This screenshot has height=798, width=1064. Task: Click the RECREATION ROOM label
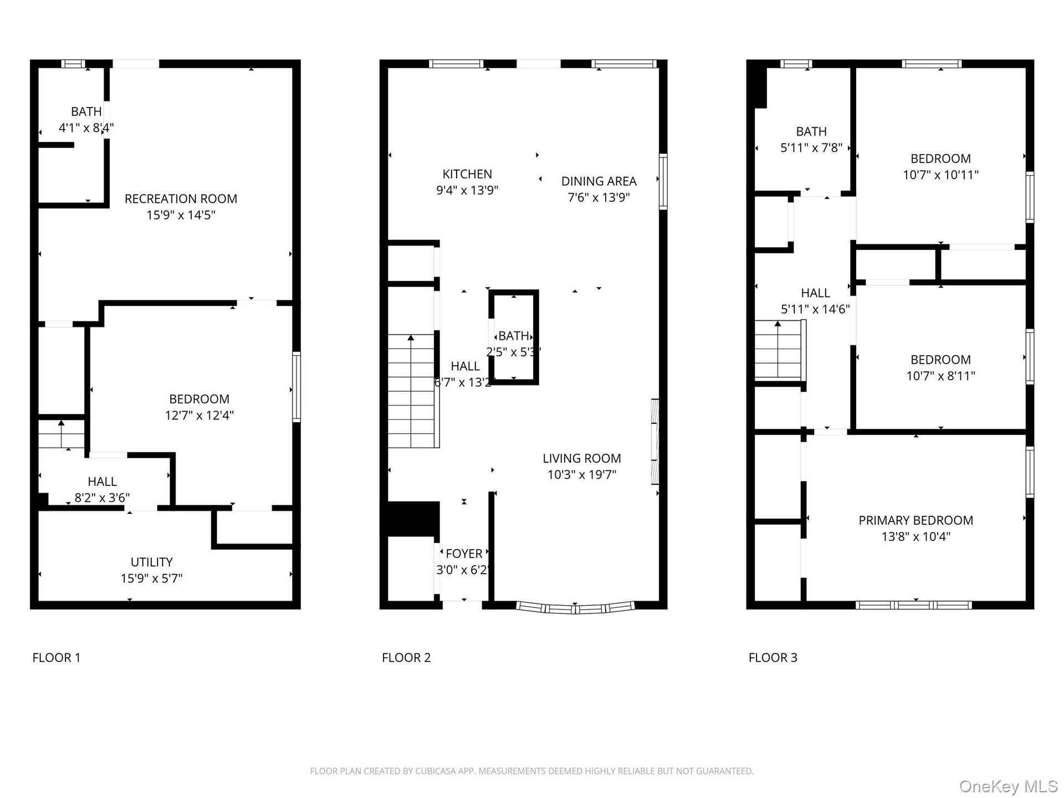181,199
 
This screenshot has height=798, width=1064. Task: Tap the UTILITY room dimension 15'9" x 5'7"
151,579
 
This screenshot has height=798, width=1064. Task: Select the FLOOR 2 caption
406,658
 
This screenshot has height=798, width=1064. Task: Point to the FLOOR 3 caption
773,658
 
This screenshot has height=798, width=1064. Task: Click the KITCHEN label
467,174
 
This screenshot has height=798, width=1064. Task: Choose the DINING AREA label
598,181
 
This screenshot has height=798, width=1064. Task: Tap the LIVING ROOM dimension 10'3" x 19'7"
582,475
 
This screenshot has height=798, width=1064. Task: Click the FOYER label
464,554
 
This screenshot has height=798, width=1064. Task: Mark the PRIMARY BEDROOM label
915,520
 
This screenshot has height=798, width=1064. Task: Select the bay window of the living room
575,608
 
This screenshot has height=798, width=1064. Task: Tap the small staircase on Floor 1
61,434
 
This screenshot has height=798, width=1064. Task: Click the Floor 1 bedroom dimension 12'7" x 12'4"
199,416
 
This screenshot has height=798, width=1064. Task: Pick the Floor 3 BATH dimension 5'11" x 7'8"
811,148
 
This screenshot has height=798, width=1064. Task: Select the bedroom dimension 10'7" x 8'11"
940,376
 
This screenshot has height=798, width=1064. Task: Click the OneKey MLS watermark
1008,786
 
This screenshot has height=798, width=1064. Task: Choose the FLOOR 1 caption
57,658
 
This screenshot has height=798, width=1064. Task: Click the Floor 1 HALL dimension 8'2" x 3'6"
103,498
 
